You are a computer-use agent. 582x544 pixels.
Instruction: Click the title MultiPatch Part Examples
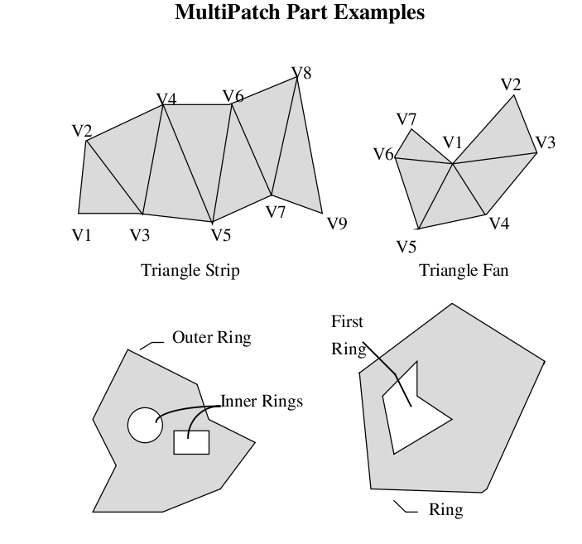(x=300, y=13)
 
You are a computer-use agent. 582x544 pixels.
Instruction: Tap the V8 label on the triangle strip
(x=301, y=74)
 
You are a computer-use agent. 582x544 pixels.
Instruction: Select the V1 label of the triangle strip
(x=81, y=235)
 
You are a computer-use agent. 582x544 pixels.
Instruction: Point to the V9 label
(x=336, y=224)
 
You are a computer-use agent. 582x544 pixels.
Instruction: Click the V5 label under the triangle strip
(x=220, y=235)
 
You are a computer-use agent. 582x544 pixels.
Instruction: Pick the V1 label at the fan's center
(x=452, y=142)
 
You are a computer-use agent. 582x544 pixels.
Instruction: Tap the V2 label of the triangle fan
(x=511, y=84)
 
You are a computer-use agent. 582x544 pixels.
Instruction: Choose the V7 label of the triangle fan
(x=406, y=120)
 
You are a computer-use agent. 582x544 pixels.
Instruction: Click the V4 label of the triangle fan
(x=498, y=224)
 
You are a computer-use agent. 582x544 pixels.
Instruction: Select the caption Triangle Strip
(x=190, y=271)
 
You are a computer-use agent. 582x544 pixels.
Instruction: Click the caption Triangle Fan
(x=464, y=271)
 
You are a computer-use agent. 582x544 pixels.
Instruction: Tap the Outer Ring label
(x=211, y=338)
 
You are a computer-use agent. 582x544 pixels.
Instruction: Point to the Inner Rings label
(x=262, y=402)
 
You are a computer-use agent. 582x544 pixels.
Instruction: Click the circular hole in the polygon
(x=145, y=425)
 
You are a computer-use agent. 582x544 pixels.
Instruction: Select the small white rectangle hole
(x=191, y=442)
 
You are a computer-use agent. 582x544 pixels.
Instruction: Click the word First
(x=347, y=322)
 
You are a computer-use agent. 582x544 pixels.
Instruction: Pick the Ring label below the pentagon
(x=445, y=509)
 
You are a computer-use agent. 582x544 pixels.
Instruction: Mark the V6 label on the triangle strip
(x=233, y=97)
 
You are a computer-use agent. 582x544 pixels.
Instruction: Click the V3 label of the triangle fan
(x=545, y=142)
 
